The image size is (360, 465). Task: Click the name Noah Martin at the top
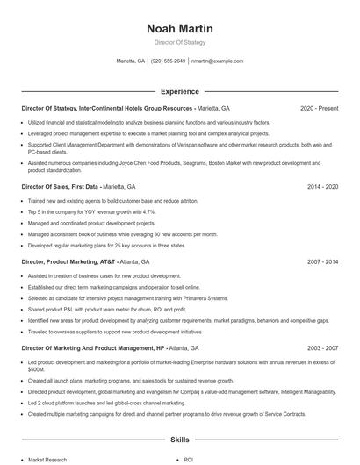(x=180, y=29)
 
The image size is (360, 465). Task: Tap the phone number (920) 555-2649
(x=169, y=61)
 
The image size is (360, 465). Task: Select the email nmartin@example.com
(x=217, y=61)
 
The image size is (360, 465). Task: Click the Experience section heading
(x=180, y=91)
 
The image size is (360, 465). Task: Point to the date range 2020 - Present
(x=319, y=108)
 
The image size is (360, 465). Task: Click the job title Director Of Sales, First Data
(x=61, y=187)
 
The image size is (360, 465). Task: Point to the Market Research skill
(x=47, y=459)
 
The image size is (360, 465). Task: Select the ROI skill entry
(x=189, y=459)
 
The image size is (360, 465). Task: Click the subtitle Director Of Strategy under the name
(x=180, y=42)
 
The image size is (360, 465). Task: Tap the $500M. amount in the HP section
(x=37, y=370)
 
